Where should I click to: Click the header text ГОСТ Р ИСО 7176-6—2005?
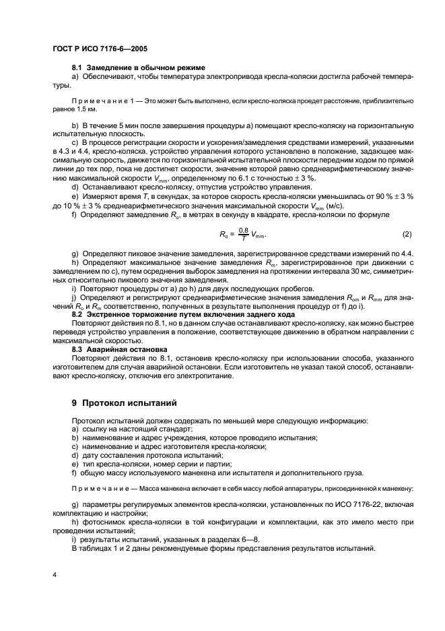coord(100,49)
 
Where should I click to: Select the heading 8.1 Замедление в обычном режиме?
coord(138,69)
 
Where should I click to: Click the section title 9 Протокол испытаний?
coord(124,404)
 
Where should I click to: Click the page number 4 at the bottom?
coord(54,574)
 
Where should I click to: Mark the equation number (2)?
coord(406,234)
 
